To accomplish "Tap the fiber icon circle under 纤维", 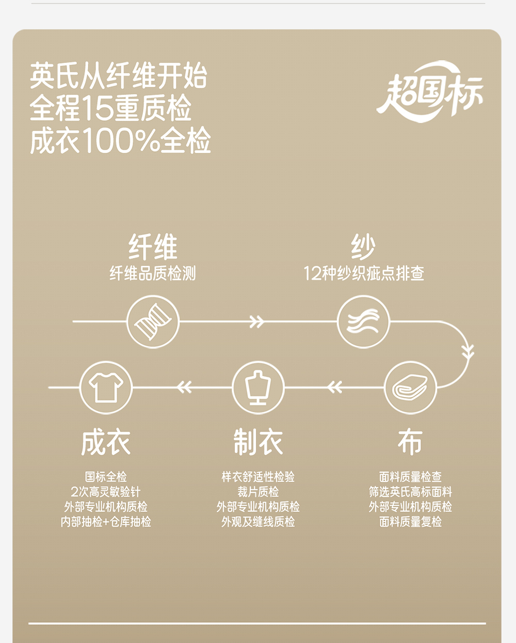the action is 153,321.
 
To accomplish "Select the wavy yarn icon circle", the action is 363,321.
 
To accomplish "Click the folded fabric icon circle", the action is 410,387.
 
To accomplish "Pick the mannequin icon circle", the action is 258,387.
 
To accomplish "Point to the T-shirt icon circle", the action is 106,387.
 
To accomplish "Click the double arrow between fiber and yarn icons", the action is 256,321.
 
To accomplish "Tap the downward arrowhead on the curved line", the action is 467,352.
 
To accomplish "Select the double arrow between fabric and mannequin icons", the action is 334,387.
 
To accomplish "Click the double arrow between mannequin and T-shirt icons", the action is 184,387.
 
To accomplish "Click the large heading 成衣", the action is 106,443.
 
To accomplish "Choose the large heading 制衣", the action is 258,443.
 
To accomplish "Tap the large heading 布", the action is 410,443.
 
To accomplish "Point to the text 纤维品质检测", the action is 153,273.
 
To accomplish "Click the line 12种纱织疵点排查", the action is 363,273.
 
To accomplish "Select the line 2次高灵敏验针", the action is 106,492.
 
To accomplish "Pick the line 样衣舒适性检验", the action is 258,477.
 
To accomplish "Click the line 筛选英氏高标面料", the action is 410,492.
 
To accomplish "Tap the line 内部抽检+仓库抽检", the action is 106,522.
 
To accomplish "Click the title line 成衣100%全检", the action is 120,140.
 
